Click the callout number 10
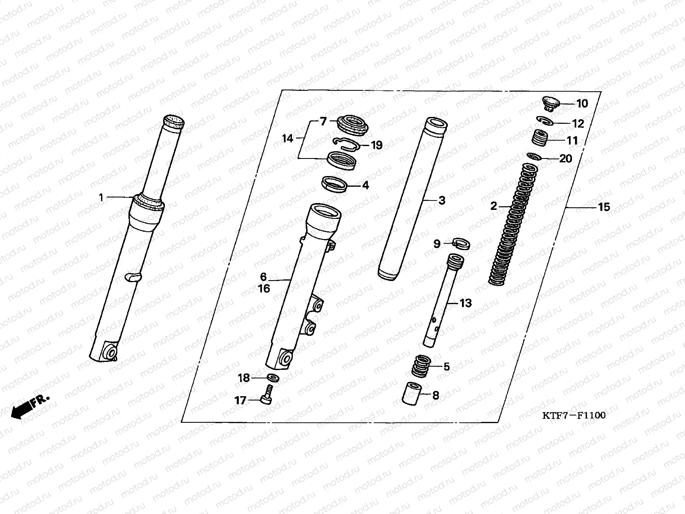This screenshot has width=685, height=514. pos(582,104)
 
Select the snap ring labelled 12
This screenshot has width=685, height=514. pos(545,121)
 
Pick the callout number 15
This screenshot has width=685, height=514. pos(604,207)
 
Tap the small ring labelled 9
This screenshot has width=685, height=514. pos(462,243)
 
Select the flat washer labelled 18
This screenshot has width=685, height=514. pos(272,378)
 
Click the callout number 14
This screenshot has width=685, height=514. pos(288,138)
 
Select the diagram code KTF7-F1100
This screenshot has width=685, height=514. pos(574,415)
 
